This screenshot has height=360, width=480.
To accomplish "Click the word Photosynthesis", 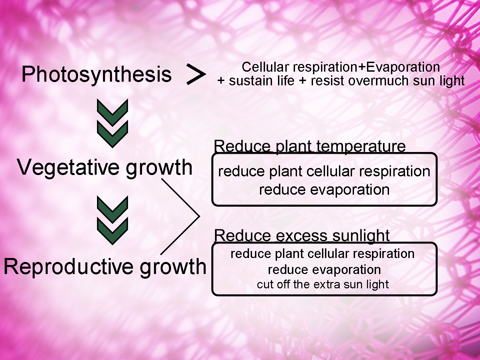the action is coord(96,75).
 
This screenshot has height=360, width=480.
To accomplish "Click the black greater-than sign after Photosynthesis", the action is coord(196,74).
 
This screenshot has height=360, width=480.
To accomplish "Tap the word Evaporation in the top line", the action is coord(403,67).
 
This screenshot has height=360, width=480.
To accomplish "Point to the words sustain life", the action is coord(262,81).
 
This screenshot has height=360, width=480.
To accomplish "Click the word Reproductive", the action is coord(68,267).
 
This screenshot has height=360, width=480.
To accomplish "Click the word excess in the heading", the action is coord(302,236).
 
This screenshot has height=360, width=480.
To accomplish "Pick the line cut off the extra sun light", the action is coord(323,285).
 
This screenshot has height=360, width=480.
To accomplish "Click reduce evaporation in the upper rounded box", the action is coord(324,190).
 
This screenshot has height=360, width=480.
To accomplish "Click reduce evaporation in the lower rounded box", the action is coord(324,270).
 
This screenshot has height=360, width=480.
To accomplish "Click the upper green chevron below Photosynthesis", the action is coord(112,113).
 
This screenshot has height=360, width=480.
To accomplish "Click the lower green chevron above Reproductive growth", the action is coord(112,231).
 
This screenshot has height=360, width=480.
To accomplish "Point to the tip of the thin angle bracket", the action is coord(199,216).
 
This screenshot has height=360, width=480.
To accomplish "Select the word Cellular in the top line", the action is coord(265,67).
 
